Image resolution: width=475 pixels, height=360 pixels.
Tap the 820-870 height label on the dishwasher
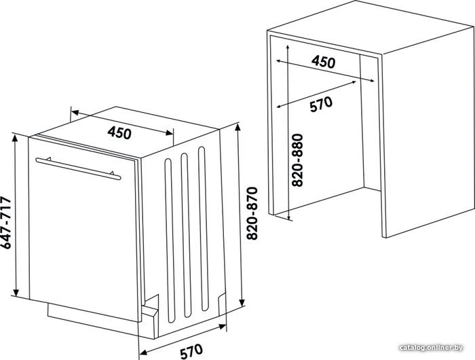(252, 213)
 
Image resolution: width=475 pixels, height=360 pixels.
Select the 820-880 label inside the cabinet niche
(297, 160)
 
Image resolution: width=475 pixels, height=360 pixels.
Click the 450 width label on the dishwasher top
(119, 132)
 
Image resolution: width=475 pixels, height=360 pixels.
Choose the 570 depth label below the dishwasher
(192, 351)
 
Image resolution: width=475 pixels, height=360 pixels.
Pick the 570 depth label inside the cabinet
(321, 104)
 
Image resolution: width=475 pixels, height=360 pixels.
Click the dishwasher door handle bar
(78, 168)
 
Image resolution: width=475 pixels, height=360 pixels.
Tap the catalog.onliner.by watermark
(432, 348)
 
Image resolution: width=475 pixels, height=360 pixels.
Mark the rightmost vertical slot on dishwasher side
(204, 229)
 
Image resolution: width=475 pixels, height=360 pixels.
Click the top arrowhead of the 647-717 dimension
(15, 137)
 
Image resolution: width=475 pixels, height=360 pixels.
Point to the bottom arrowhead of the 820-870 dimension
(242, 304)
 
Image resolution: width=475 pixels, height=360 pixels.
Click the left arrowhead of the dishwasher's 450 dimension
(74, 113)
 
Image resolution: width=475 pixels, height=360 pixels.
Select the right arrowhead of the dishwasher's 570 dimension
(223, 327)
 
